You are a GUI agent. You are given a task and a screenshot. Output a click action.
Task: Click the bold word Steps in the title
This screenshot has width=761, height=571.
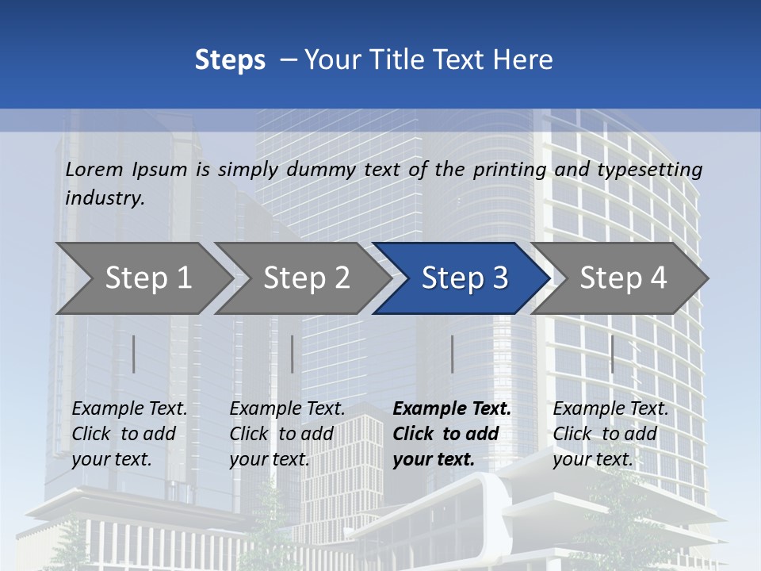tap(230, 60)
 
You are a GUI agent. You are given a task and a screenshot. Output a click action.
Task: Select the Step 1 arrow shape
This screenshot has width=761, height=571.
tap(147, 278)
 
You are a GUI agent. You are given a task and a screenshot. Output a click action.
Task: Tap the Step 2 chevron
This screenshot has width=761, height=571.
tap(306, 278)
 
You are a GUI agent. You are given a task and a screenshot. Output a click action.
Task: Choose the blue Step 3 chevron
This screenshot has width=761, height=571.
tap(465, 278)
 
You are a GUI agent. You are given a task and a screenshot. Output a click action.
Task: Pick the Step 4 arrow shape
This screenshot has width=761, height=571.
tap(623, 278)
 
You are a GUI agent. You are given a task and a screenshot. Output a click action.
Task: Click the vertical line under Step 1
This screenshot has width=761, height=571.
tap(134, 354)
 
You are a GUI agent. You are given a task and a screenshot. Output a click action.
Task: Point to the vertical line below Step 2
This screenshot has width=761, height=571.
tap(293, 354)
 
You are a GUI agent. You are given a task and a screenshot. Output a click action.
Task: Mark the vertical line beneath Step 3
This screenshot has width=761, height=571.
tap(452, 354)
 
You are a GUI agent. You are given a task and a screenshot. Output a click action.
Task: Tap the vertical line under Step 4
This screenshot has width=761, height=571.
tap(612, 354)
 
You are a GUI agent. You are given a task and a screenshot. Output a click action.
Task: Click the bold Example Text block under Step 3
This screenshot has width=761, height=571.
tap(452, 434)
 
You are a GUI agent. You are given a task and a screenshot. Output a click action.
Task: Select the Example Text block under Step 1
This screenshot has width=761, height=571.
tap(129, 434)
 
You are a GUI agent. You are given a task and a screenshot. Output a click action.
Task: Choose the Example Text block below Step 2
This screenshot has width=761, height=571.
tap(287, 434)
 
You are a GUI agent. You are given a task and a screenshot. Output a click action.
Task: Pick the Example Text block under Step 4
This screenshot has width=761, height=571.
tap(610, 434)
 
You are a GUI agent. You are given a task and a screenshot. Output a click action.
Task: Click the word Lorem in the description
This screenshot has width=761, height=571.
tap(94, 169)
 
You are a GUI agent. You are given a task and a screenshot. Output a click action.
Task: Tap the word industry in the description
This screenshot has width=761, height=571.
tap(105, 198)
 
